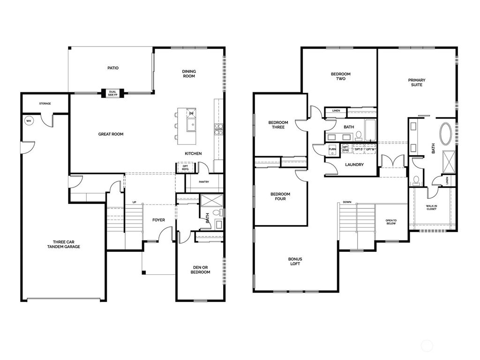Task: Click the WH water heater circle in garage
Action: pos(28,120)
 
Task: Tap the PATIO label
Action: pos(112,68)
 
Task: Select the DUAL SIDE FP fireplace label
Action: pos(112,93)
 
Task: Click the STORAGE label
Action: pos(45,104)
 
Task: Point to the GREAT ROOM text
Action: pos(111,134)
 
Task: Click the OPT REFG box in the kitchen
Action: pos(185,168)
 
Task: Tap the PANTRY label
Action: pos(203,182)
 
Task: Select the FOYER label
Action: pos(158,219)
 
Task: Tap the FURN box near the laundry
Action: pos(332,150)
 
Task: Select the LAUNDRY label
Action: pos(354,165)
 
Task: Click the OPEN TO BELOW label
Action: pos(391,222)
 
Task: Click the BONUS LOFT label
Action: pos(295,262)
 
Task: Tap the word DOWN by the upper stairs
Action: pos(347,202)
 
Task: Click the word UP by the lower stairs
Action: pos(134,202)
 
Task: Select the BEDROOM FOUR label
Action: pos(280,196)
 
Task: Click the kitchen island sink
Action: pos(192,124)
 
